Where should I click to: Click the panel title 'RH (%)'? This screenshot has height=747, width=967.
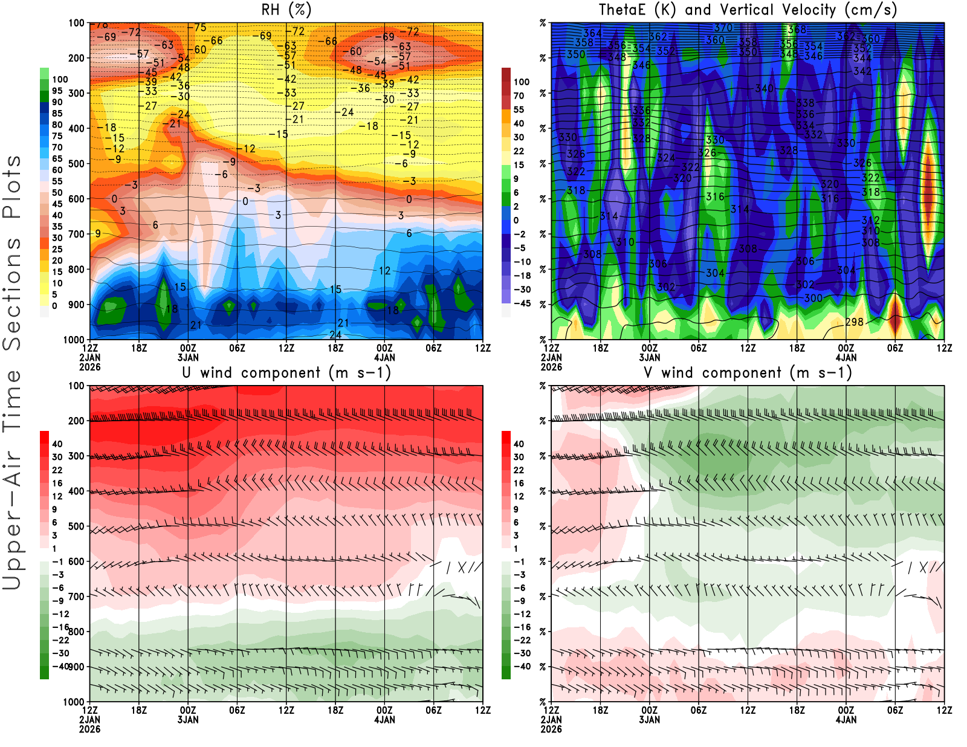click(286, 10)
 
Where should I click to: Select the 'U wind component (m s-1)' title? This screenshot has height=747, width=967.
click(286, 372)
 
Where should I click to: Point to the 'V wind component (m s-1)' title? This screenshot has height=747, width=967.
click(748, 372)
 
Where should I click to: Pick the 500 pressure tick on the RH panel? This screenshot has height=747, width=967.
click(77, 164)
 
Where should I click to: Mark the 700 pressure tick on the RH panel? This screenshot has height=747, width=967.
click(77, 234)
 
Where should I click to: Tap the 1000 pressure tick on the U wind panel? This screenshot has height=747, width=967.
click(74, 702)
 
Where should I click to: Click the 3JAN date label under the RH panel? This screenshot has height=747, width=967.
click(188, 357)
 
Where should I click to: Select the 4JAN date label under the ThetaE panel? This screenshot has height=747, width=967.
click(846, 357)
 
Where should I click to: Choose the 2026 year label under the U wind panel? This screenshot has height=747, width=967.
click(89, 729)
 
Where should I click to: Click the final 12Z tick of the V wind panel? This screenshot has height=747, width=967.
click(944, 710)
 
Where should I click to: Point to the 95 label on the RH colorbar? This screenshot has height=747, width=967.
click(57, 91)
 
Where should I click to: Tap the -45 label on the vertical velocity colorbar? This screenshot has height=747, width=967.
click(522, 303)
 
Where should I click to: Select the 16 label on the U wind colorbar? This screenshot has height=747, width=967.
click(57, 483)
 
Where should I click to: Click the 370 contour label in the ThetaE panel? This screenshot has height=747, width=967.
click(723, 28)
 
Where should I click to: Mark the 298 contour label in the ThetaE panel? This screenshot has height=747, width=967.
click(854, 322)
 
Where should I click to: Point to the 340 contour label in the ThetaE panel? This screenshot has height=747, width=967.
click(764, 89)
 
